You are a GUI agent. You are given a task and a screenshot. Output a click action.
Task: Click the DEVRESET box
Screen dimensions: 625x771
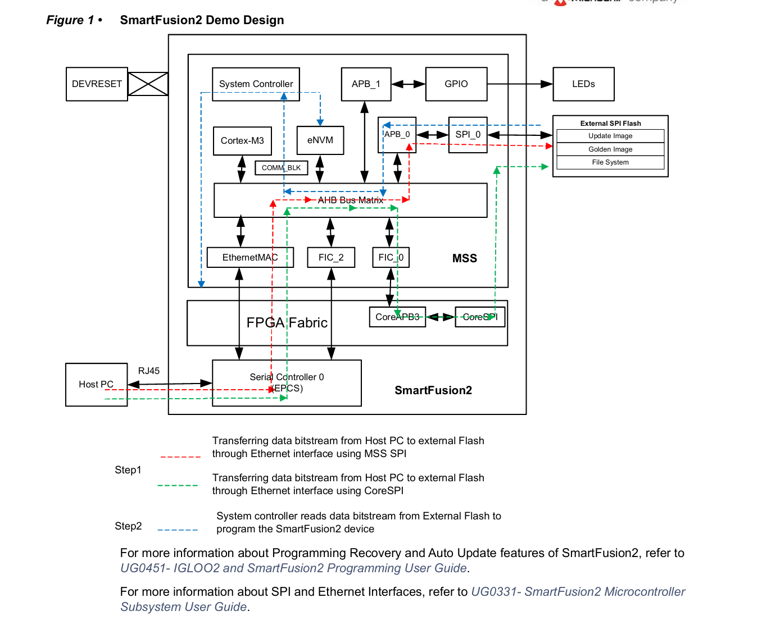click(97, 84)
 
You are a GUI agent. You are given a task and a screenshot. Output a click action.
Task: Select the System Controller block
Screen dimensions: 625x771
click(256, 84)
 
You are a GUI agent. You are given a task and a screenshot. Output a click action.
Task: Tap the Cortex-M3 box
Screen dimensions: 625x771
click(242, 140)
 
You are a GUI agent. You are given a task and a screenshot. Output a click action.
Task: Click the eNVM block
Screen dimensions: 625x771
click(320, 140)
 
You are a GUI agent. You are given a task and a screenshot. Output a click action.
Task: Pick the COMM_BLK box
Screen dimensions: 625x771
click(281, 168)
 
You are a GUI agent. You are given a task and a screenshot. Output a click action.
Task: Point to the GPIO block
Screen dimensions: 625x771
click(456, 84)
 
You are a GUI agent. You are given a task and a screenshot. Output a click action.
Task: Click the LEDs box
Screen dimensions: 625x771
click(583, 84)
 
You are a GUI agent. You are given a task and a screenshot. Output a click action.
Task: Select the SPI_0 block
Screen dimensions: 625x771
click(468, 135)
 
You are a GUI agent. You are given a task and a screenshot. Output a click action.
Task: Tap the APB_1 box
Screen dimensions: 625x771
click(366, 84)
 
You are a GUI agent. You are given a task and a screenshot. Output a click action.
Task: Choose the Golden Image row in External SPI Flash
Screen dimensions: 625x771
click(610, 149)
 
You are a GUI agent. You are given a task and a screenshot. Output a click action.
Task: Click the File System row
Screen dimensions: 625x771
click(610, 162)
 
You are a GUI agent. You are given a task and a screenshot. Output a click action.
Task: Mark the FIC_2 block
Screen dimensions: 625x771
click(331, 258)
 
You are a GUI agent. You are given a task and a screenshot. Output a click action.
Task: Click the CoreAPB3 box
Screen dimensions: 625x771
click(397, 317)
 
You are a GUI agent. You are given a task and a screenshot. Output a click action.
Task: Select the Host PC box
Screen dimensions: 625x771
click(96, 385)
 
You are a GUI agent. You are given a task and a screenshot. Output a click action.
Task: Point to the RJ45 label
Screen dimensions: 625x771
click(149, 371)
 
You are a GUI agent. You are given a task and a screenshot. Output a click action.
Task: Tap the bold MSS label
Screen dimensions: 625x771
click(465, 258)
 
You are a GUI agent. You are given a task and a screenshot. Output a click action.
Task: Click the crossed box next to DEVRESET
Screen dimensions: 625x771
click(148, 84)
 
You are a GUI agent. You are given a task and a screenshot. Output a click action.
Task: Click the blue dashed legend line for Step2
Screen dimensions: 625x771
click(178, 530)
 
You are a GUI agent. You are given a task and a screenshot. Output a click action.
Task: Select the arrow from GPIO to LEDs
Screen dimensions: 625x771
click(520, 84)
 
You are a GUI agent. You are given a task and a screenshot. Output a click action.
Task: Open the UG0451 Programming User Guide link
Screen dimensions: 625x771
click(293, 568)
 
